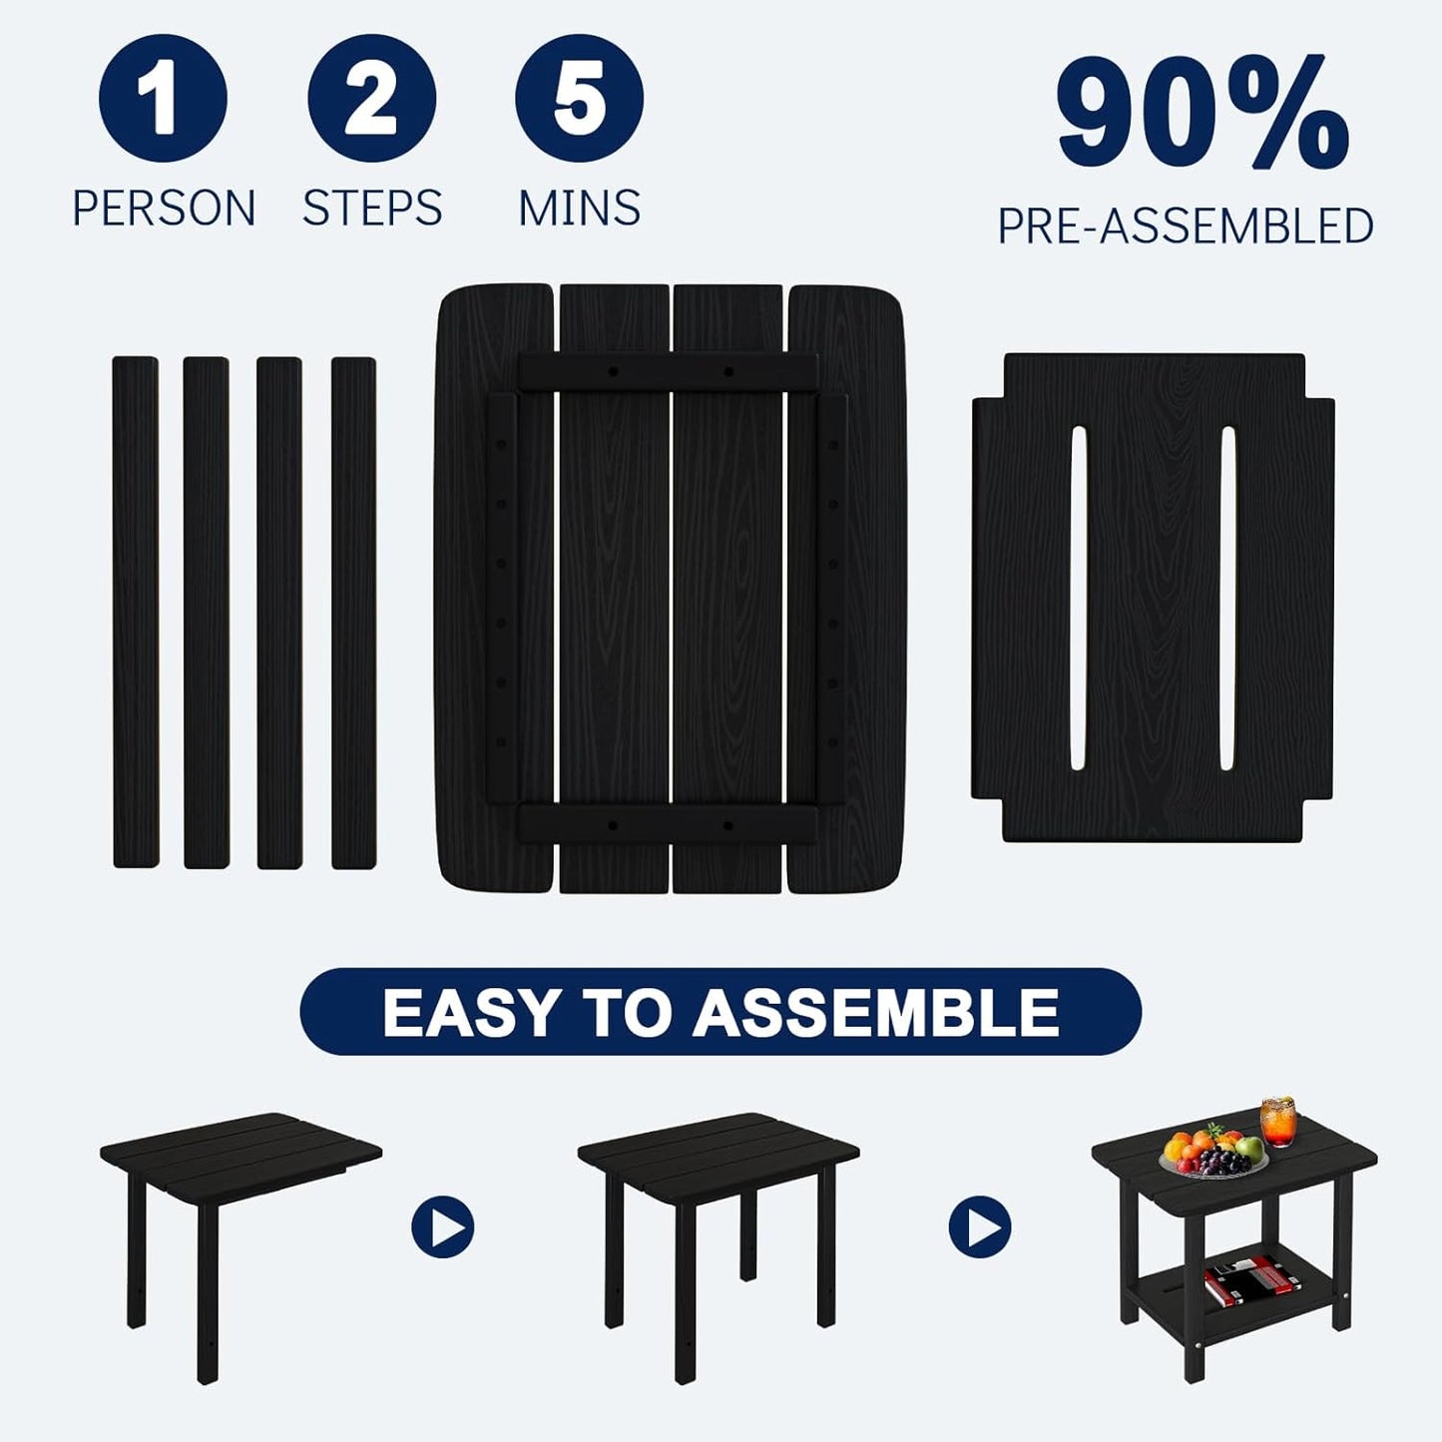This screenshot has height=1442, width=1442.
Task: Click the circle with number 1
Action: click(x=163, y=98)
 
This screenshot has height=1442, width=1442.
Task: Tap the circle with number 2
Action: click(x=371, y=98)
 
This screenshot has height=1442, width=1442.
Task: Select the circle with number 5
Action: click(x=579, y=98)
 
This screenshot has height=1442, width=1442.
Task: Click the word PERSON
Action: click(x=165, y=208)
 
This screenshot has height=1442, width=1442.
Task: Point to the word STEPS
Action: click(x=372, y=208)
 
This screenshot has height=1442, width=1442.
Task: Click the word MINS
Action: click(x=579, y=208)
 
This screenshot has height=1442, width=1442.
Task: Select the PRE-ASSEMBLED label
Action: click(x=1186, y=227)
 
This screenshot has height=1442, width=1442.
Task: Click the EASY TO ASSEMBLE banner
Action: click(x=721, y=1012)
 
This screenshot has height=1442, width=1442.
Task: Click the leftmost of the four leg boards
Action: click(x=136, y=612)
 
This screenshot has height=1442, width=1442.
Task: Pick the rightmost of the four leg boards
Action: click(x=353, y=612)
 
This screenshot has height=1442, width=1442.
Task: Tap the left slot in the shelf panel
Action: click(x=1078, y=599)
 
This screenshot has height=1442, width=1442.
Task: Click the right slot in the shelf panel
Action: click(x=1227, y=599)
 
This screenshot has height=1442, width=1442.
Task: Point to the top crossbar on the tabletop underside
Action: click(x=669, y=371)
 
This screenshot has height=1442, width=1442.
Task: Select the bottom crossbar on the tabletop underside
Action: click(x=669, y=825)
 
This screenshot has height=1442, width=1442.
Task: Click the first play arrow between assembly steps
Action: click(x=443, y=1226)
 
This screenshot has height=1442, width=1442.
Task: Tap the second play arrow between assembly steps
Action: click(x=980, y=1226)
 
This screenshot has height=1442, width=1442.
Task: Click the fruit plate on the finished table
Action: click(x=1213, y=1156)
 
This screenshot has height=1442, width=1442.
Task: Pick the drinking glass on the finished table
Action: click(x=1277, y=1122)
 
